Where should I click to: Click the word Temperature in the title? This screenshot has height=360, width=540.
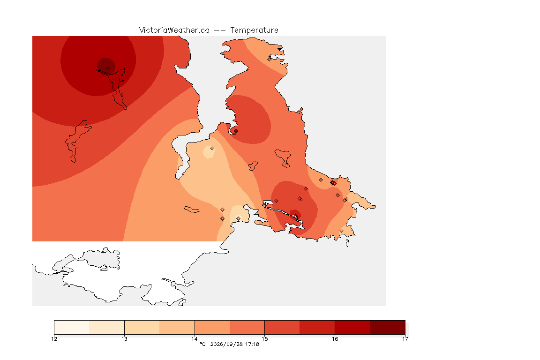pyautogui.click(x=254, y=30)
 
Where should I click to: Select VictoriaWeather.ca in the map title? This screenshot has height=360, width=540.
pyautogui.click(x=174, y=30)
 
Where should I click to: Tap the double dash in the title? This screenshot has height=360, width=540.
pyautogui.click(x=220, y=30)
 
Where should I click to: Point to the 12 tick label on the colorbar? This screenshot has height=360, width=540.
pyautogui.click(x=54, y=339)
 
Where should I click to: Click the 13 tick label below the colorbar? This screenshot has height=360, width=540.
pyautogui.click(x=124, y=339)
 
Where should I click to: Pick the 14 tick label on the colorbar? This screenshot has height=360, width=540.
pyautogui.click(x=195, y=339)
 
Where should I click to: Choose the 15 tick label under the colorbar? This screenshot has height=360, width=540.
pyautogui.click(x=264, y=339)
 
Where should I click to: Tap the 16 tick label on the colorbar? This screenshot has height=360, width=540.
pyautogui.click(x=335, y=339)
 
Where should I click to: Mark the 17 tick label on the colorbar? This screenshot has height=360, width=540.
pyautogui.click(x=405, y=339)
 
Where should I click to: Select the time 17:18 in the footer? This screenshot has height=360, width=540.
pyautogui.click(x=252, y=344)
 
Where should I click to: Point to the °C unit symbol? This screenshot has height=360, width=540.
pyautogui.click(x=203, y=344)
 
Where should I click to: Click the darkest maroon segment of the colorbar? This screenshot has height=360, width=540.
pyautogui.click(x=388, y=327)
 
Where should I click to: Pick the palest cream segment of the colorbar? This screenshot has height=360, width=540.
pyautogui.click(x=72, y=327)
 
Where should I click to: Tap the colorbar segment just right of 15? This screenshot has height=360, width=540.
pyautogui.click(x=282, y=327)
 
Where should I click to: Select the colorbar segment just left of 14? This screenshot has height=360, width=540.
pyautogui.click(x=177, y=327)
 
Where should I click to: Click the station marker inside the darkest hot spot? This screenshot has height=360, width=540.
pyautogui.click(x=108, y=69)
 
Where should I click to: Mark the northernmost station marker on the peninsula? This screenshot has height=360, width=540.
pyautogui.click(x=270, y=59)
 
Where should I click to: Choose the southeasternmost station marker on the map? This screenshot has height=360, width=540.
pyautogui.click(x=341, y=231)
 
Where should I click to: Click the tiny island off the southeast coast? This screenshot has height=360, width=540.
pyautogui.click(x=347, y=243)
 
